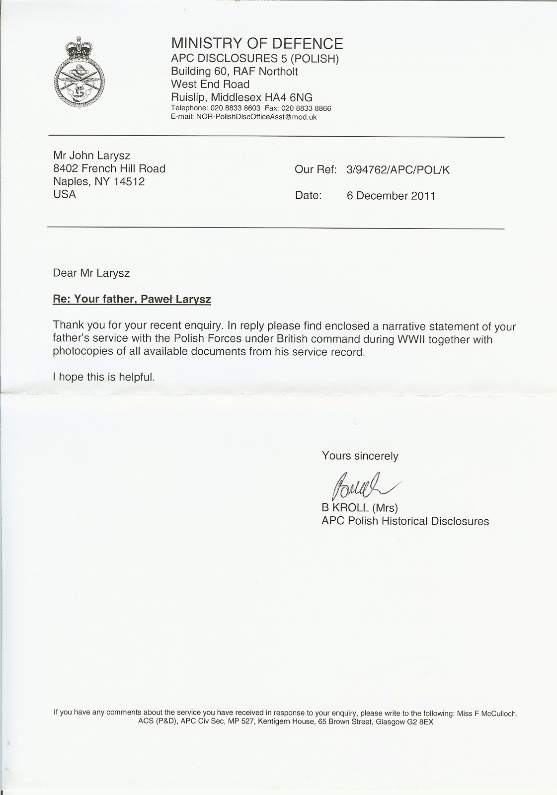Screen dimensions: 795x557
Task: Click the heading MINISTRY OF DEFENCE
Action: point(257,44)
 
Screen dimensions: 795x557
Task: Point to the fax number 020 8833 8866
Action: point(306,108)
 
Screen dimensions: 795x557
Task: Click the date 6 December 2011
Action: point(391,196)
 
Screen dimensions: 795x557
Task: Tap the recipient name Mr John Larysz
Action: point(92,156)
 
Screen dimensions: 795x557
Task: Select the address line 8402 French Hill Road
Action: point(109,169)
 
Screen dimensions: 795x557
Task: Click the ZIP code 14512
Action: point(129,182)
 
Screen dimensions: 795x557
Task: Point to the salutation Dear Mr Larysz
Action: point(91,273)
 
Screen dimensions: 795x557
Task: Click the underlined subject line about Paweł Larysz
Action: point(132,300)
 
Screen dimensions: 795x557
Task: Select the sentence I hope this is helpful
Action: point(104,377)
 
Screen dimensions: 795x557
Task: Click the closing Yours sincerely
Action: point(360,456)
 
